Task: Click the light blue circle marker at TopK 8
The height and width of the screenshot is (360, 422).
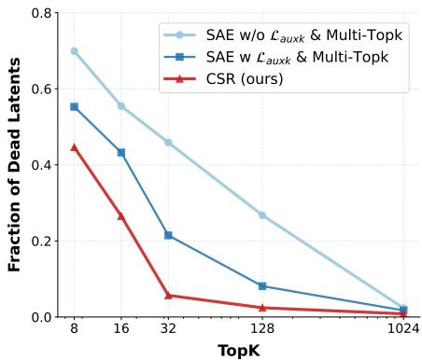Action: pyautogui.click(x=74, y=51)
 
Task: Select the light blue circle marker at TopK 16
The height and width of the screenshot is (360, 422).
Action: pyautogui.click(x=120, y=105)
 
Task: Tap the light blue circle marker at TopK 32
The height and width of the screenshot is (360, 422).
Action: pyautogui.click(x=168, y=142)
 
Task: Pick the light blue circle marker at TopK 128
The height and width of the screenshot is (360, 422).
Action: pyautogui.click(x=262, y=215)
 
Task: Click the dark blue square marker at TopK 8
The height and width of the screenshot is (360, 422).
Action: pyautogui.click(x=74, y=107)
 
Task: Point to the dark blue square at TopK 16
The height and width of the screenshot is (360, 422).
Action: pyautogui.click(x=120, y=152)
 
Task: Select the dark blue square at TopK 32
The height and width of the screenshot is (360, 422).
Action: pyautogui.click(x=168, y=235)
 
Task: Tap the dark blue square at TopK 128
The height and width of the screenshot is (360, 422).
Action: pyautogui.click(x=262, y=285)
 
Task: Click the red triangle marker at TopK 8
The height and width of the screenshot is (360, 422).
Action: pyautogui.click(x=74, y=147)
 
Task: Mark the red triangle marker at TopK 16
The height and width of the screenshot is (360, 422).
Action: pyautogui.click(x=120, y=215)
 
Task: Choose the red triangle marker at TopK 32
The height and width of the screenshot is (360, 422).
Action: pyautogui.click(x=168, y=295)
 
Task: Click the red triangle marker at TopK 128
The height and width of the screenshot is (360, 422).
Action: pyautogui.click(x=262, y=307)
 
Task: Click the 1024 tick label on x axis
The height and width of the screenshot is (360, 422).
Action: pyautogui.click(x=402, y=329)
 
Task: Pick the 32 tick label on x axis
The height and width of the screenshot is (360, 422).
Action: pyautogui.click(x=168, y=329)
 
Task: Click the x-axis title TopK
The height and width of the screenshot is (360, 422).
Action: pyautogui.click(x=238, y=349)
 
